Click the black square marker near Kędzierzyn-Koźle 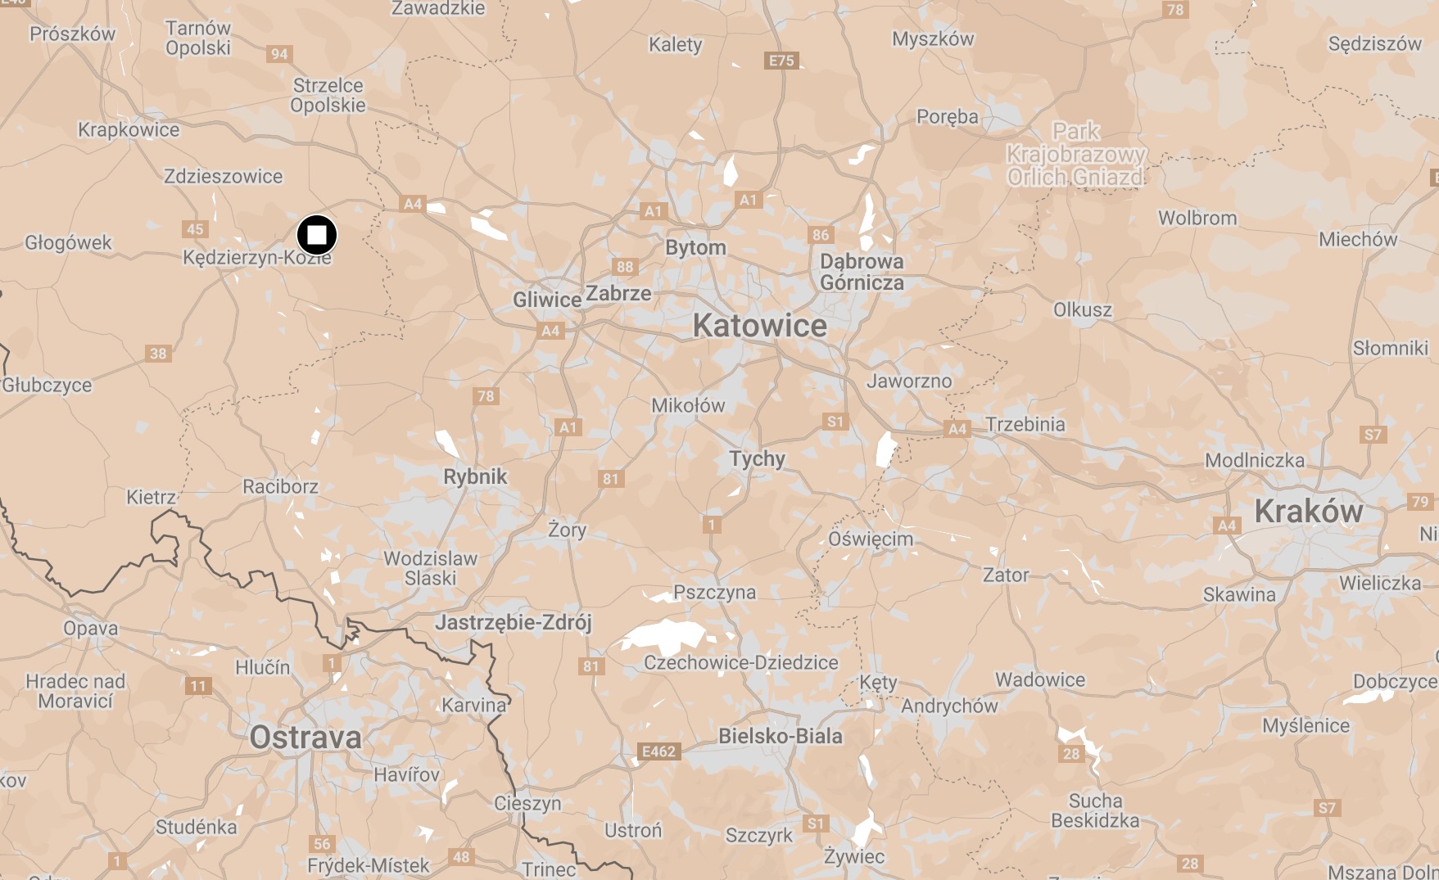[316, 236]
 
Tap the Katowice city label [759, 326]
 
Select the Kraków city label [1308, 512]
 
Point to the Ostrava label [305, 738]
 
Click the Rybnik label [475, 476]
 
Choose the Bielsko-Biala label [780, 736]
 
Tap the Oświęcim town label [870, 539]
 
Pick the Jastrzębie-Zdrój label [513, 623]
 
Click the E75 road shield [781, 61]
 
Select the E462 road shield [658, 751]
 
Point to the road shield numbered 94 [279, 54]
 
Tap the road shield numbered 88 [625, 266]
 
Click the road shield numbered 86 [821, 235]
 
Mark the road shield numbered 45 [195, 229]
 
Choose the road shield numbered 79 [1420, 502]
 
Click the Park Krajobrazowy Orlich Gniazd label [1075, 154]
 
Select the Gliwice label [546, 300]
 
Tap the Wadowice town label [1039, 679]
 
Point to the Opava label [91, 629]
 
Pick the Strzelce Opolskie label [328, 95]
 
